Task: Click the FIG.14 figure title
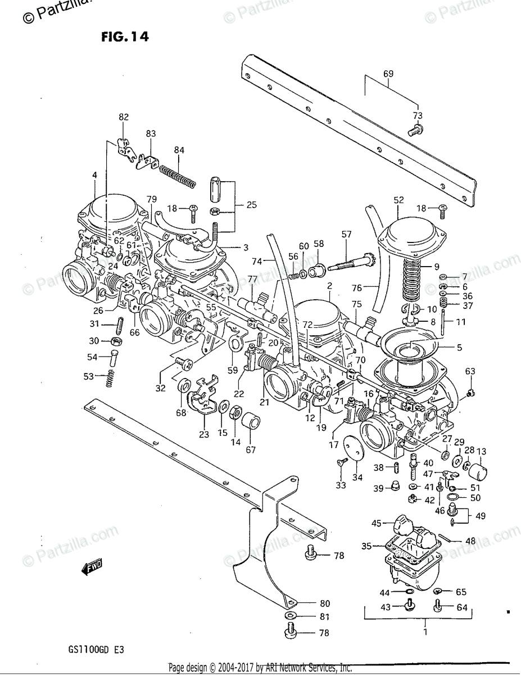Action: pyautogui.click(x=125, y=38)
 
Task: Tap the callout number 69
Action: pyautogui.click(x=388, y=74)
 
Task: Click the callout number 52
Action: pyautogui.click(x=398, y=200)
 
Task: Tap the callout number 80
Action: pyautogui.click(x=324, y=604)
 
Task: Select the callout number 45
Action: pyautogui.click(x=376, y=523)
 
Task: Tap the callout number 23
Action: pyautogui.click(x=203, y=434)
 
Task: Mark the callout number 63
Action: pyautogui.click(x=470, y=371)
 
